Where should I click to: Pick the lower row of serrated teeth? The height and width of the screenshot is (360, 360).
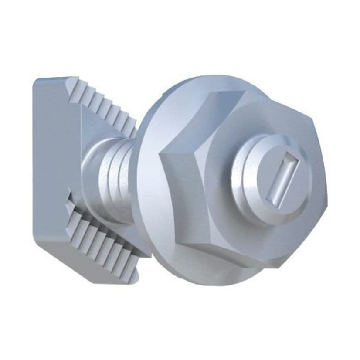tap(105, 239)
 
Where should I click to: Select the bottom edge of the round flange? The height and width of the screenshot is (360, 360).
tap(209, 283)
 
